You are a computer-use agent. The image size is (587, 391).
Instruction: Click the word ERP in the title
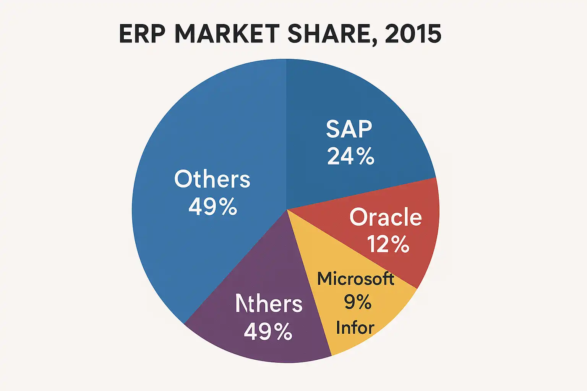coord(142,34)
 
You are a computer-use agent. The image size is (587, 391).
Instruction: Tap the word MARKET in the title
coord(227,34)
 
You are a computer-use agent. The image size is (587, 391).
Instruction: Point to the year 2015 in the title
coord(413,34)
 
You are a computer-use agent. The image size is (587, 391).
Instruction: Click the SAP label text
coord(349,129)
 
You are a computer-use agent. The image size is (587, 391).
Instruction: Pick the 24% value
coord(350,156)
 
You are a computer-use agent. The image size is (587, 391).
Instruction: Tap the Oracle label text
coord(385,217)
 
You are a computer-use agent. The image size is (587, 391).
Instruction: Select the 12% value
coord(388,244)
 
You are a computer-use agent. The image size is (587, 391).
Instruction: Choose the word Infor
coord(355,328)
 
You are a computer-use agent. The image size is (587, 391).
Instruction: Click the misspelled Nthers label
coord(269,304)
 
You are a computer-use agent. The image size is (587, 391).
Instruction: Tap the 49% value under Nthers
coord(268,331)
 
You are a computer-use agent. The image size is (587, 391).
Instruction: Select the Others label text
coord(212,179)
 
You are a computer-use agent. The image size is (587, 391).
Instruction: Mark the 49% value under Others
coord(213,207)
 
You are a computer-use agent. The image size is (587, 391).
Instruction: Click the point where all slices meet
coord(287,209)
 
